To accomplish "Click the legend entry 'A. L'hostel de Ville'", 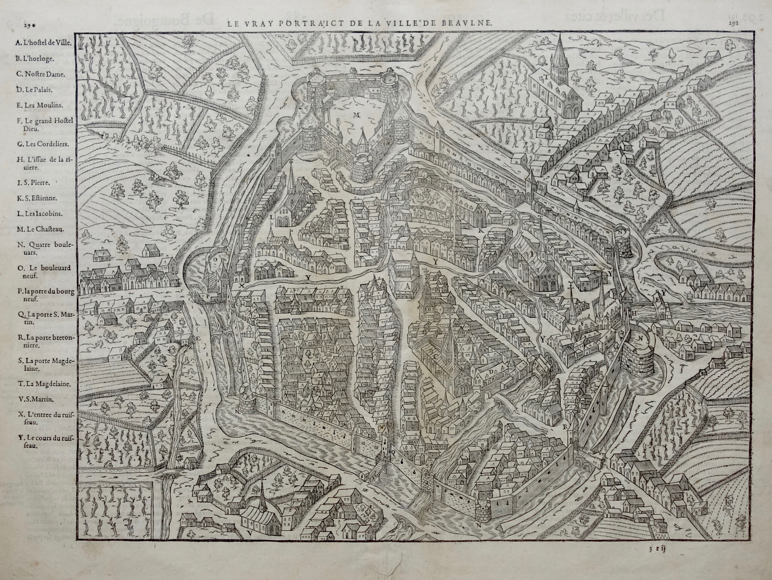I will tap(43, 43).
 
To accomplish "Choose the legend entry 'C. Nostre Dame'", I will tap(39, 74).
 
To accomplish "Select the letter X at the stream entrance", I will tap(241, 285).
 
